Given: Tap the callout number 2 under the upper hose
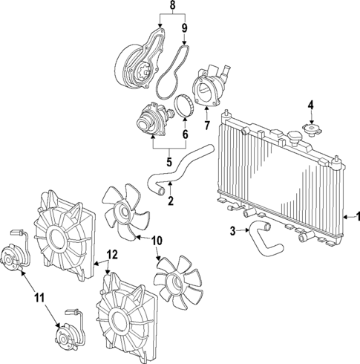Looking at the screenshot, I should point(170,200).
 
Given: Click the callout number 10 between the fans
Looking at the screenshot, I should point(157,239).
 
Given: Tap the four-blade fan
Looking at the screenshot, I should point(123,211).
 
